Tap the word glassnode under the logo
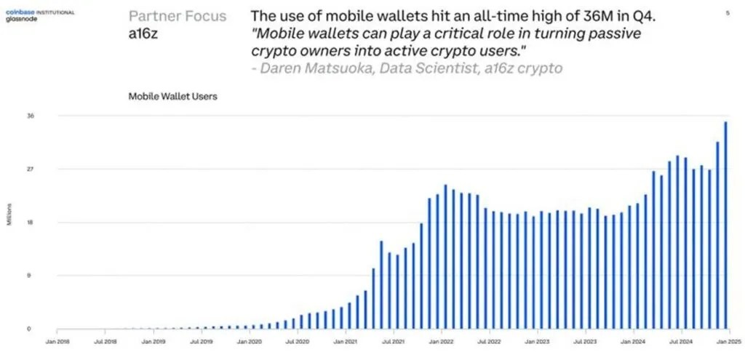click(20, 20)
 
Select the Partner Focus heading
click(178, 16)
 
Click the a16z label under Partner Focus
click(143, 33)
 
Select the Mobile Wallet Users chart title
click(172, 96)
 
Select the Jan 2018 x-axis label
click(58, 340)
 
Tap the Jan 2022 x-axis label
click(441, 340)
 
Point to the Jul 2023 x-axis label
click(584, 340)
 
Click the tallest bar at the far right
click(725, 225)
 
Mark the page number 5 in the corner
click(728, 13)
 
